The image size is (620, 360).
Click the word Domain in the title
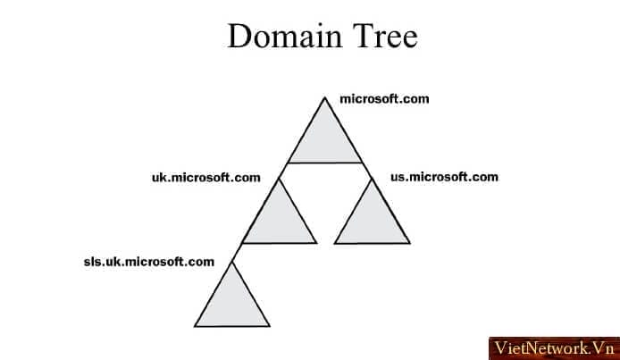(285, 36)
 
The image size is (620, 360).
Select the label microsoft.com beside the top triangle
(384, 99)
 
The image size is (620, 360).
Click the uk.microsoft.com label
(206, 178)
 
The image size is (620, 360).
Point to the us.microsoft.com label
(444, 177)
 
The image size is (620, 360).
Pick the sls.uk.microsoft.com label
(149, 262)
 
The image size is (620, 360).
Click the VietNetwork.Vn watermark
(555, 348)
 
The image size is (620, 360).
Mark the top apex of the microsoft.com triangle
(325, 97)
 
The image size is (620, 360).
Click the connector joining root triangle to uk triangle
(283, 171)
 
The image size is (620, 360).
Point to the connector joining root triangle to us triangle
(367, 171)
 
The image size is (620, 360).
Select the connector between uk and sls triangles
(237, 253)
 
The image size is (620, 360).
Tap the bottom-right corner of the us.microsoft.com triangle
(410, 243)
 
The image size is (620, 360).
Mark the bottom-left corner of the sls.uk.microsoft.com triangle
(195, 326)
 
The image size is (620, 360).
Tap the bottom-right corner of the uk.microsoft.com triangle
(316, 243)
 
